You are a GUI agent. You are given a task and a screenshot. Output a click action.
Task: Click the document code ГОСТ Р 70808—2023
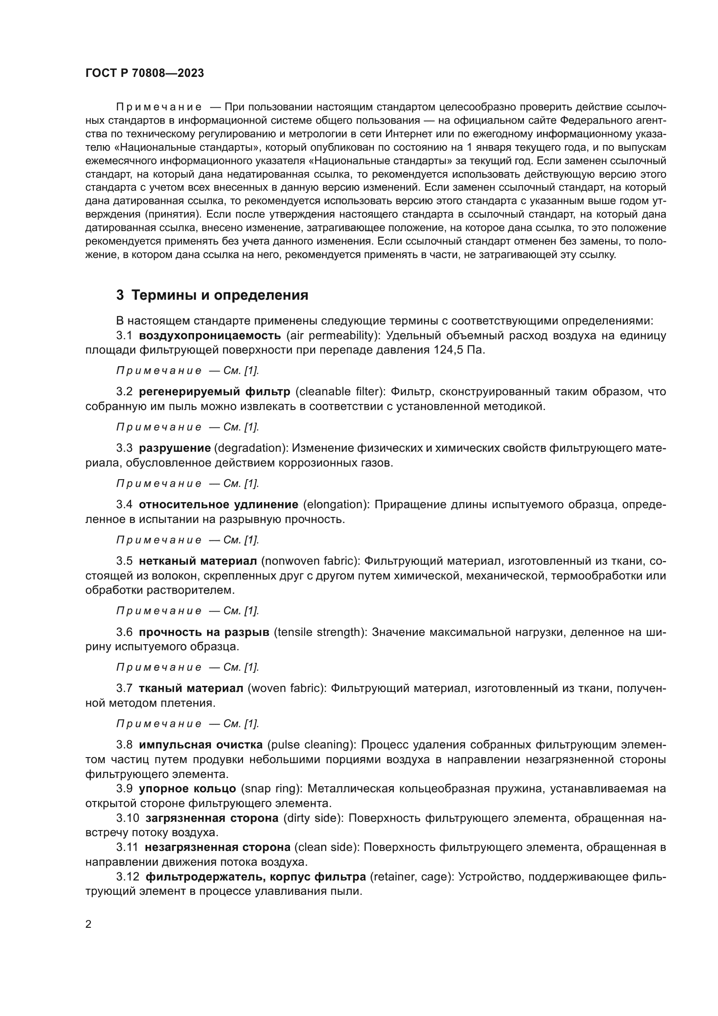point(145,73)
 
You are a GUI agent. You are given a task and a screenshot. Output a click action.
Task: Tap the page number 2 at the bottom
point(89,924)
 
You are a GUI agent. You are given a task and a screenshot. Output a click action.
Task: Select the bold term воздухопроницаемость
point(210,335)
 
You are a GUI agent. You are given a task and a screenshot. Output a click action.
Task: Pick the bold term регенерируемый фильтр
point(214,392)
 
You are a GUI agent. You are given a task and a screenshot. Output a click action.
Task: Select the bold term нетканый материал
point(198,561)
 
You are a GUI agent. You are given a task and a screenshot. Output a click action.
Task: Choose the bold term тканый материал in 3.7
point(191,688)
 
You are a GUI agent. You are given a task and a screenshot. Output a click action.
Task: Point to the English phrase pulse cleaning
point(310,745)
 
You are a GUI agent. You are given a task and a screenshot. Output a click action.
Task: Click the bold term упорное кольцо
point(188,788)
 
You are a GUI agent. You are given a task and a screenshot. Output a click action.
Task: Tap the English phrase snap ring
point(271,788)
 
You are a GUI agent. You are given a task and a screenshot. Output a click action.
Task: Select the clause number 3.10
point(128,818)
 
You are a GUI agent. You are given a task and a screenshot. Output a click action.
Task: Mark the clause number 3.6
point(124,632)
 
